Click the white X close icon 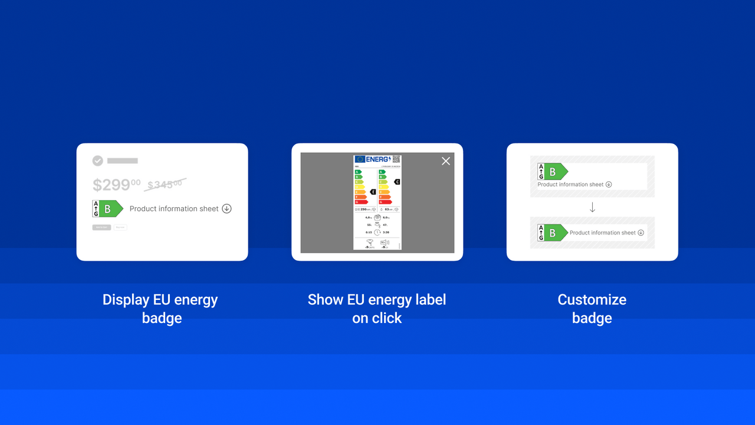(x=446, y=161)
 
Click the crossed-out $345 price (x=165, y=185)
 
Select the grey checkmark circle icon (x=98, y=161)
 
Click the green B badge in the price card (x=108, y=209)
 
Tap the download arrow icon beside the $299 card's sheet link (x=226, y=209)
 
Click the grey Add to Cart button (x=101, y=227)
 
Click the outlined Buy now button (x=120, y=227)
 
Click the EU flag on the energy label (x=359, y=159)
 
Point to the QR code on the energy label (x=396, y=159)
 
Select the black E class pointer (x=373, y=192)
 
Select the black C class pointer (x=397, y=182)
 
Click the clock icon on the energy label (x=377, y=232)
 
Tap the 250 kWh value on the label (x=364, y=210)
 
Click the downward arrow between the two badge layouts (x=592, y=207)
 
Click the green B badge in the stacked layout (x=553, y=172)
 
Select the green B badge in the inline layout (x=553, y=233)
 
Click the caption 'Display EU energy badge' (x=161, y=309)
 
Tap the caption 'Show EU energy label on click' (x=377, y=309)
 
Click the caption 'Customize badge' (x=592, y=309)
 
